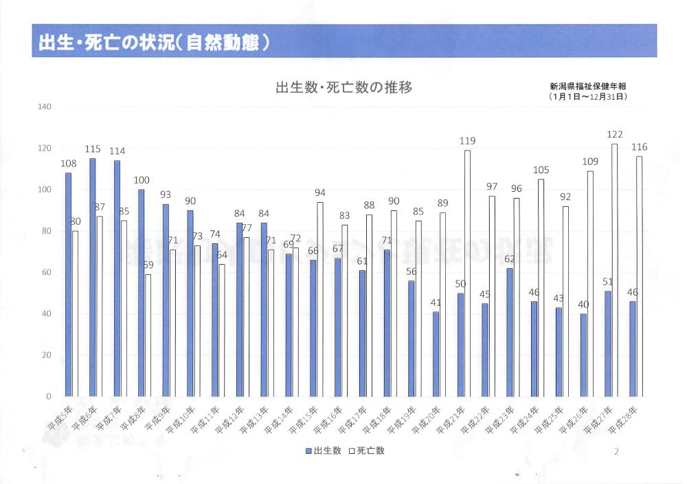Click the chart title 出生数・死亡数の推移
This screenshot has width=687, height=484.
[x=343, y=88]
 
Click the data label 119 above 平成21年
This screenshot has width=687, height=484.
[x=468, y=141]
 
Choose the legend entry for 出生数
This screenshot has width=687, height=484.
[x=324, y=451]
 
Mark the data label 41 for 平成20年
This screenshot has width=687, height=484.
[x=436, y=302]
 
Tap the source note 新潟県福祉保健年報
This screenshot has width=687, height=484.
[x=588, y=87]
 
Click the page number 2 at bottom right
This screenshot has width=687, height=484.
[x=616, y=451]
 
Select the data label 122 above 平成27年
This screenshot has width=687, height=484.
[x=614, y=135]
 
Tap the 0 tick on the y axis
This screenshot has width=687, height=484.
[x=49, y=397]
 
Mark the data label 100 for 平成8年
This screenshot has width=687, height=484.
[x=142, y=180]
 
